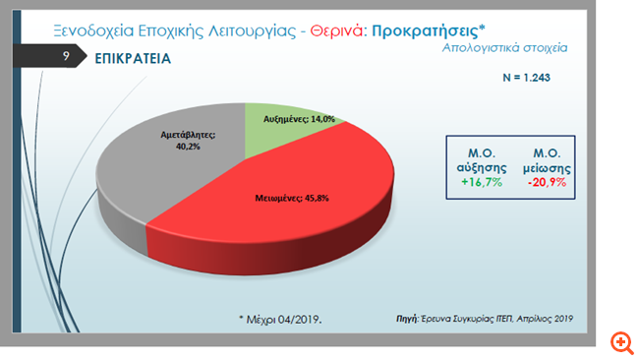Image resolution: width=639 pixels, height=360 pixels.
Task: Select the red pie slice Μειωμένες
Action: [x=295, y=211]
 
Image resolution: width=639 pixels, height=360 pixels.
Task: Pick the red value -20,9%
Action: [x=546, y=183]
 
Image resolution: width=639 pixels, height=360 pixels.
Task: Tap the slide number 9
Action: [x=64, y=58]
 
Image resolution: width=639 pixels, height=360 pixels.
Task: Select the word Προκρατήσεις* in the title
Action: [x=436, y=30]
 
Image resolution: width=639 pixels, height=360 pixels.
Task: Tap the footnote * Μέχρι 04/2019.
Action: [x=280, y=320]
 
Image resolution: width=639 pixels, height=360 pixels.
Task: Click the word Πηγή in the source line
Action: [x=406, y=319]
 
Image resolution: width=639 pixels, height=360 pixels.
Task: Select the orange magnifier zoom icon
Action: [x=620, y=342]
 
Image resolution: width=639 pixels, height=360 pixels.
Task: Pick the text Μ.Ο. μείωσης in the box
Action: [x=546, y=160]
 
